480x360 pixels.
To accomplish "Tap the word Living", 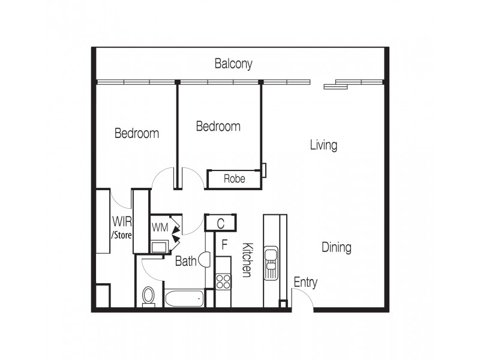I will pos(323,145).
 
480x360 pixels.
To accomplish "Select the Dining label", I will pos(336,247).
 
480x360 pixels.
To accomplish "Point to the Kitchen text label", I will pos(246,260).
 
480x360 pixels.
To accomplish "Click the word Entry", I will pos(305,283).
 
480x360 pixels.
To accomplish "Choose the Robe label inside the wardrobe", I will pos(234,179).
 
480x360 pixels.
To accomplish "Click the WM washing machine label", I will pos(160,227).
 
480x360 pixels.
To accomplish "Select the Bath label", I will pos(185,262).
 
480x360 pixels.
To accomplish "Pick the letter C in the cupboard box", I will pos(220,224).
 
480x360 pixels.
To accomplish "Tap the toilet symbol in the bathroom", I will pos(148,296).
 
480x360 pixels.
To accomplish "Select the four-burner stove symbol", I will pos(223,281).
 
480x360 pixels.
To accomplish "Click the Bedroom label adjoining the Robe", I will pos(218,127).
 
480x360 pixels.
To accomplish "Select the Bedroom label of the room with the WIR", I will pos(137,133).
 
